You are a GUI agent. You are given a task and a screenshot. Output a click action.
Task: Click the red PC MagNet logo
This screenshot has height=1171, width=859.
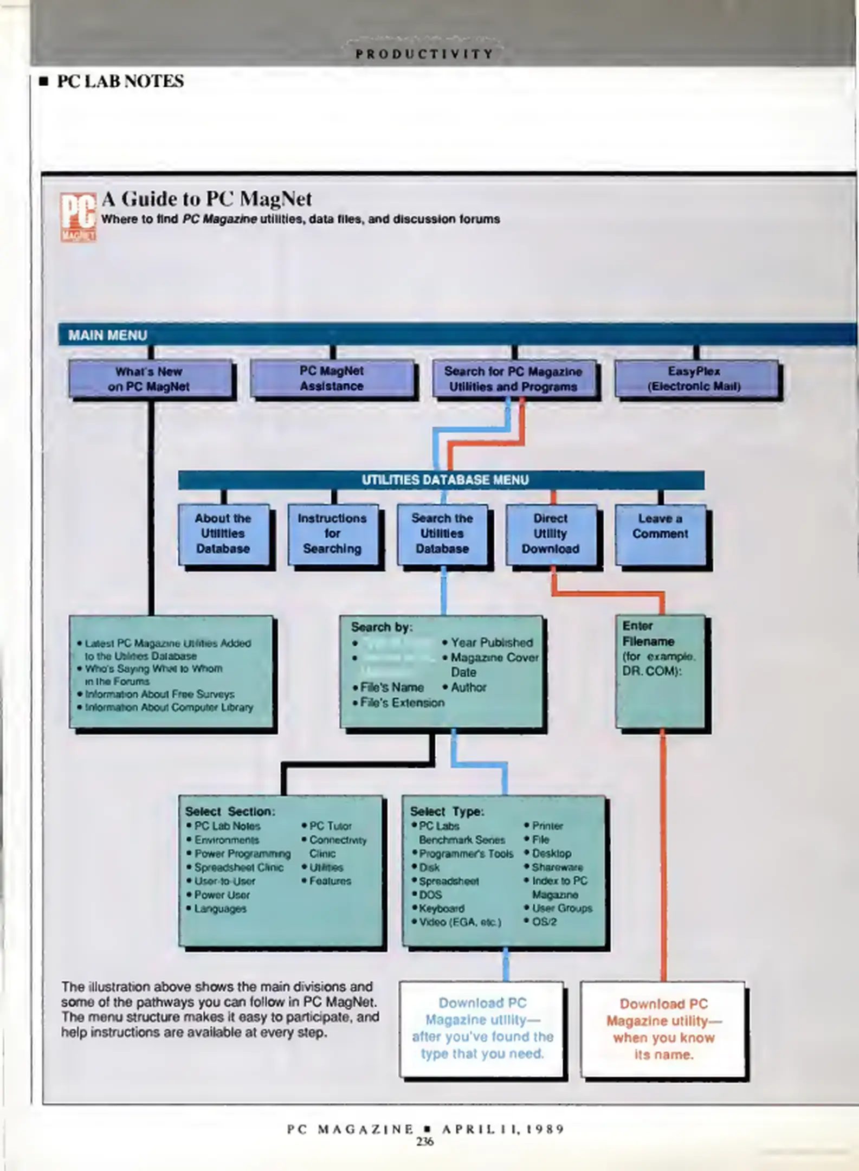point(78,217)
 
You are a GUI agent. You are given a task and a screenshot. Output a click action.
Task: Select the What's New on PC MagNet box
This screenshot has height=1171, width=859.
point(150,379)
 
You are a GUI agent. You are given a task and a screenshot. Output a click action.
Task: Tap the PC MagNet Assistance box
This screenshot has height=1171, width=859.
point(332,378)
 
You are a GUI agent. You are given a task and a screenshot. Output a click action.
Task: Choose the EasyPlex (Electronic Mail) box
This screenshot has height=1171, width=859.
point(695,378)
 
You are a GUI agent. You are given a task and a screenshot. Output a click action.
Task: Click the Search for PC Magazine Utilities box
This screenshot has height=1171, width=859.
point(513,379)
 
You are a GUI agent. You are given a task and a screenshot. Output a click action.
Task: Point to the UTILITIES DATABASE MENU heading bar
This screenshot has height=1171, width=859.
point(441,480)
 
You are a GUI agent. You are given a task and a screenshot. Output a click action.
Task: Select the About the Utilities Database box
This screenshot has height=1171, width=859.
point(223,534)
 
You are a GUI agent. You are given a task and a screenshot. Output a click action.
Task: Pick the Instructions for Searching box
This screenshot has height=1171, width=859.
point(332,534)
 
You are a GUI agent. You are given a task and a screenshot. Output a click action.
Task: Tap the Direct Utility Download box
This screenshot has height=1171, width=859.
point(551,534)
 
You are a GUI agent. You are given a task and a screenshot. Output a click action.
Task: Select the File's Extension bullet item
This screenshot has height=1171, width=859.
point(402,703)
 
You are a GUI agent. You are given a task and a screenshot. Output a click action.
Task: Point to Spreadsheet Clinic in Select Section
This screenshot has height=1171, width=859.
point(238,867)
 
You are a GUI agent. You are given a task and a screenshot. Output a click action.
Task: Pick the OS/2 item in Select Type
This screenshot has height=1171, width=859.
point(544,922)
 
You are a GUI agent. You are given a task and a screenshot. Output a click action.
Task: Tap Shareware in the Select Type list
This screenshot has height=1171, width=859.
point(557,867)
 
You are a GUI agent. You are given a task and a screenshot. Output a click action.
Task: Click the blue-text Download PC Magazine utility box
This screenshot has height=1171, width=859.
point(482,1028)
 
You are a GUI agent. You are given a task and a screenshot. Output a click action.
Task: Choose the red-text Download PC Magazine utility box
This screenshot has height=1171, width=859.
point(663,1029)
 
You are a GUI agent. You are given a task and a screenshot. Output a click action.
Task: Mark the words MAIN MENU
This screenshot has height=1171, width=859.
point(107,335)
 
